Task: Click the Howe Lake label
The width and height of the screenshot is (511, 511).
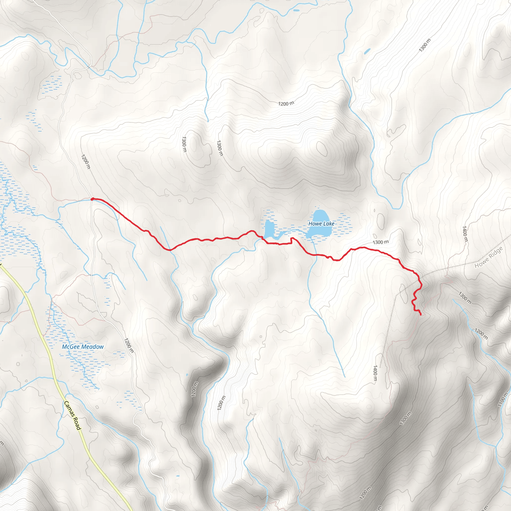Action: click(x=321, y=224)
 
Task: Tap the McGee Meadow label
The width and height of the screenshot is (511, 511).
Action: click(x=83, y=347)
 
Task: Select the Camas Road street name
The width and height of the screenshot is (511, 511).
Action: click(x=72, y=415)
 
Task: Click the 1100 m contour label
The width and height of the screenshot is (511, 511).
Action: click(x=503, y=399)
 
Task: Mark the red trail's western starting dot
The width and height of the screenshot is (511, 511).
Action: click(x=92, y=199)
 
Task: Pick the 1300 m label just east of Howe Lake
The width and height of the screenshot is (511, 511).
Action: click(x=381, y=242)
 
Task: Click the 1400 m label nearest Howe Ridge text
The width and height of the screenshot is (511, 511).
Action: click(x=465, y=234)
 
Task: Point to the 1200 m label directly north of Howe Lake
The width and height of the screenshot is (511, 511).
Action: click(x=286, y=103)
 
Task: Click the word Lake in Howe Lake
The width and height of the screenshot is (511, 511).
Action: click(x=329, y=224)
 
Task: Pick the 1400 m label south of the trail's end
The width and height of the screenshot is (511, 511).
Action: click(x=375, y=373)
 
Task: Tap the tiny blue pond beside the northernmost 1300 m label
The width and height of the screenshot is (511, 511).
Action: click(x=367, y=51)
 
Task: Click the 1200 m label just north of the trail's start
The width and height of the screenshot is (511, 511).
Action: click(x=86, y=162)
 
